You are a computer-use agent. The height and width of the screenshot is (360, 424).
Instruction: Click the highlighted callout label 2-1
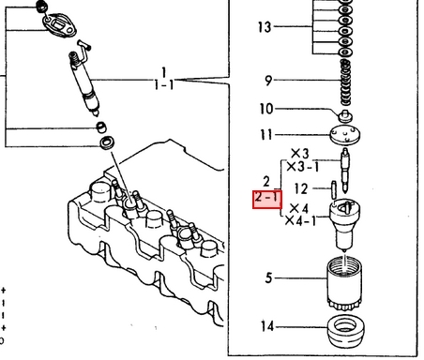(x=267, y=199)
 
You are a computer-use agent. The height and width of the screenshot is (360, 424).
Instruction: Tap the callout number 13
(x=265, y=27)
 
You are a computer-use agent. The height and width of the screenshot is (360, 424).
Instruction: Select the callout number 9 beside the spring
(x=268, y=81)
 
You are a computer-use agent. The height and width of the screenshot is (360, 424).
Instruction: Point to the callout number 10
(x=266, y=109)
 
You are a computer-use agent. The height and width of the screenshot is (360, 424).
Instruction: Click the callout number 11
(x=266, y=135)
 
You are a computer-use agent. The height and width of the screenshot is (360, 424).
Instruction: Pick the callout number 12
(x=301, y=188)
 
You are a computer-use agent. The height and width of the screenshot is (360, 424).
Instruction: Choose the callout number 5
(x=268, y=277)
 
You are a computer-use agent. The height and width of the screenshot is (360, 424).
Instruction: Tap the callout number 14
(x=267, y=326)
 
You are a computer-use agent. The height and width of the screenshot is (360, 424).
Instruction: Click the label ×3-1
(x=303, y=167)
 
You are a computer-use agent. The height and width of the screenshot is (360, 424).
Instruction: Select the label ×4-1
(x=300, y=220)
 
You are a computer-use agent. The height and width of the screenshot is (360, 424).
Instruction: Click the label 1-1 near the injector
(x=163, y=84)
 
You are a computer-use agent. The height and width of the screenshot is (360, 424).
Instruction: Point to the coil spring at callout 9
(x=345, y=82)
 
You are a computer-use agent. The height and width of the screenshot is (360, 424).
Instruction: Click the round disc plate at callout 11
(x=345, y=135)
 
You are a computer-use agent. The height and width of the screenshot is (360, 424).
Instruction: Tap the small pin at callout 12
(x=334, y=190)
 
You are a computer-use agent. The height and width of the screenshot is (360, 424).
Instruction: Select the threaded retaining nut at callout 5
(x=344, y=283)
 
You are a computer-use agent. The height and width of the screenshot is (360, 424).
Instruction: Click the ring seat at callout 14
(x=345, y=332)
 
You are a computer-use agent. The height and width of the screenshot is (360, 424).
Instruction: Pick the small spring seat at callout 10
(x=345, y=116)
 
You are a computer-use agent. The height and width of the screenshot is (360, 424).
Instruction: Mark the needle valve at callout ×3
(x=345, y=171)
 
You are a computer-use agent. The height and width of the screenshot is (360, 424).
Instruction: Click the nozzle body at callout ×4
(x=344, y=225)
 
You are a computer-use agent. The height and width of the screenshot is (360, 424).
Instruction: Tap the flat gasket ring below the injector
(x=107, y=142)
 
